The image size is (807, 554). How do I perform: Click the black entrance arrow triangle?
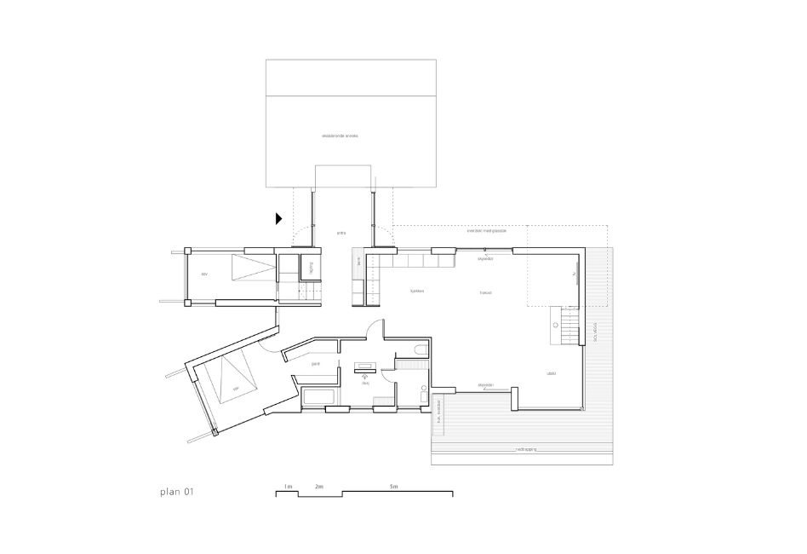(x=278, y=218)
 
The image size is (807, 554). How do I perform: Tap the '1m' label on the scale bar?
(x=289, y=487)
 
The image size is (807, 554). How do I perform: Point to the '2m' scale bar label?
(x=319, y=487)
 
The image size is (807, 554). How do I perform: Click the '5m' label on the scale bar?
(x=393, y=487)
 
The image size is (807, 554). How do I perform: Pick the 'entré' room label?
(x=341, y=232)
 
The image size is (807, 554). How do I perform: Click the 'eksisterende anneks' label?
(x=340, y=136)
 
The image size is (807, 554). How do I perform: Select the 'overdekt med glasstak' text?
(x=486, y=230)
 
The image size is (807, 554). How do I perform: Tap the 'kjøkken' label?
(x=417, y=291)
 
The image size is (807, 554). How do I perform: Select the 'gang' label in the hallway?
(x=315, y=364)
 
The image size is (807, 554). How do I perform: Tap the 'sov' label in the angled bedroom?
(x=238, y=390)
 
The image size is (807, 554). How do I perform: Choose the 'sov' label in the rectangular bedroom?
(x=204, y=274)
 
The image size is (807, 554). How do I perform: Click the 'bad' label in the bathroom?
(x=365, y=384)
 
